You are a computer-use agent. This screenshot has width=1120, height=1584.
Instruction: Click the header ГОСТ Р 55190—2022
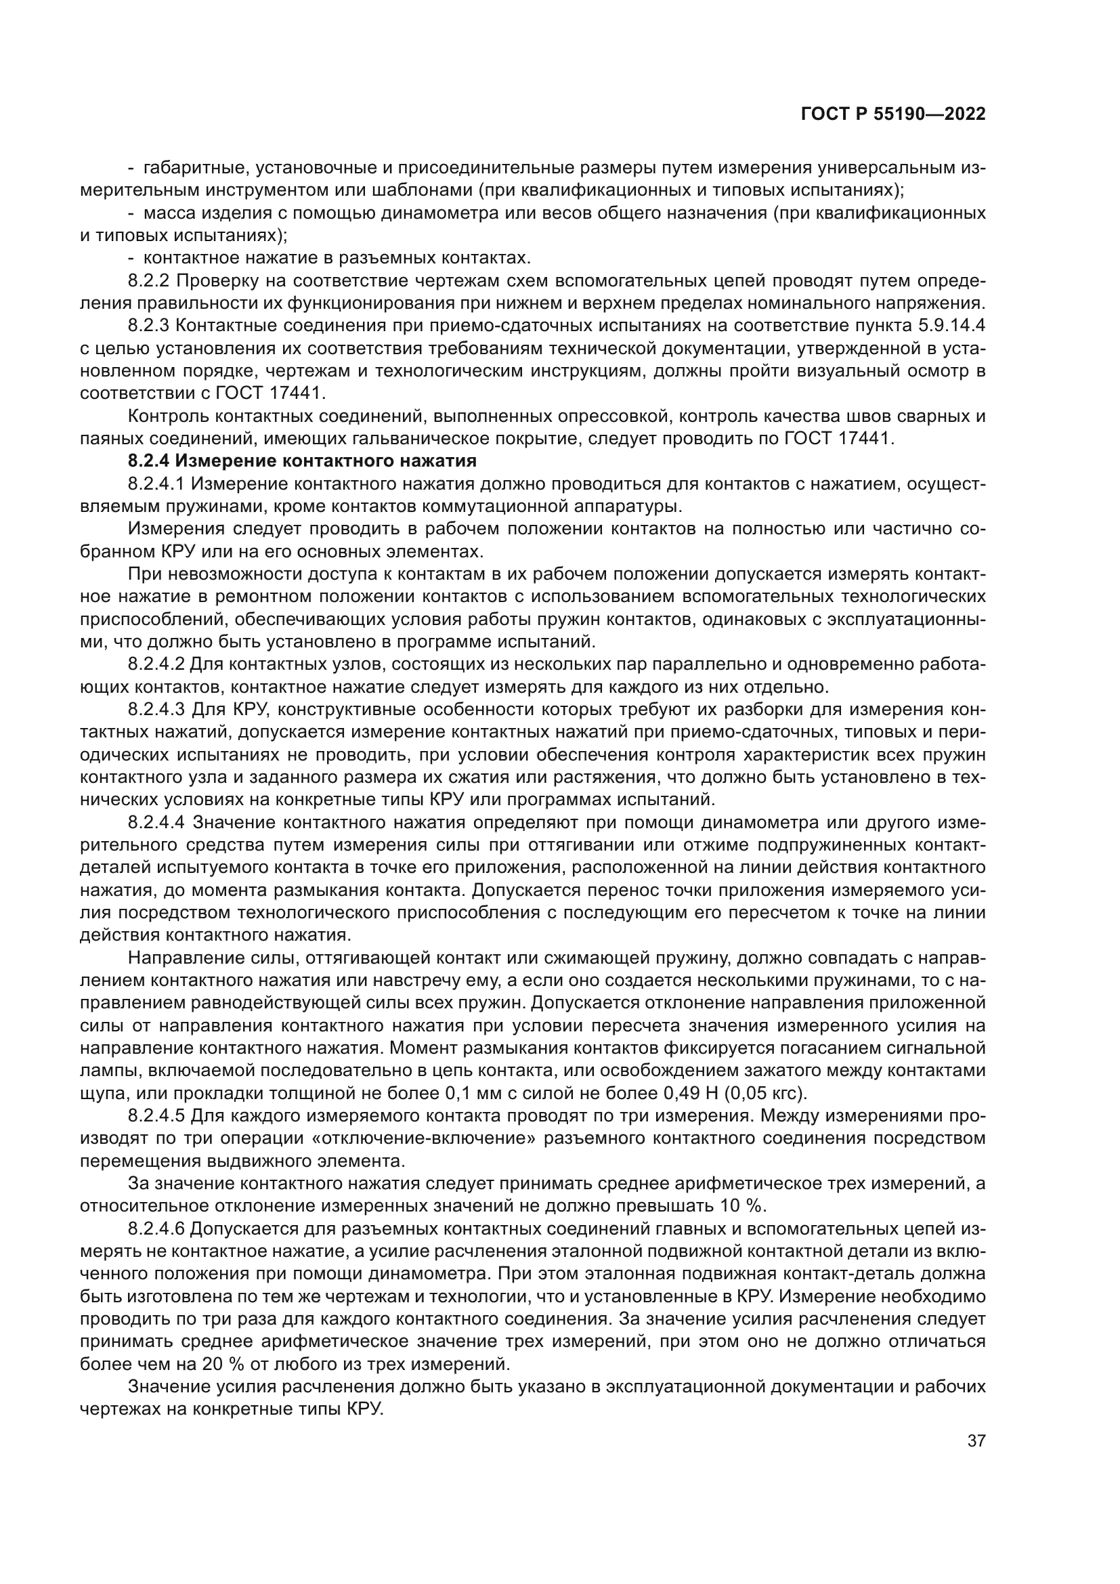tap(893, 114)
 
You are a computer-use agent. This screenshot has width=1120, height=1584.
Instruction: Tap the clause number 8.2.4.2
tap(157, 664)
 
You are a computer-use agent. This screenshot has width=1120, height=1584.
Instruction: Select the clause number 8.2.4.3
tap(157, 709)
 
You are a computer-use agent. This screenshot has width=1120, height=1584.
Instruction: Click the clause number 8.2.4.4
tap(157, 822)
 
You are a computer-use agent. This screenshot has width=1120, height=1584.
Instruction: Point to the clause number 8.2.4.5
tap(157, 1116)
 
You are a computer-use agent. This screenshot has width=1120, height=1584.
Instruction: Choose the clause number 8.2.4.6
tap(157, 1228)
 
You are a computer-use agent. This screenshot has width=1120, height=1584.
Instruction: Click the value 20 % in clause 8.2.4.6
tap(219, 1364)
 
